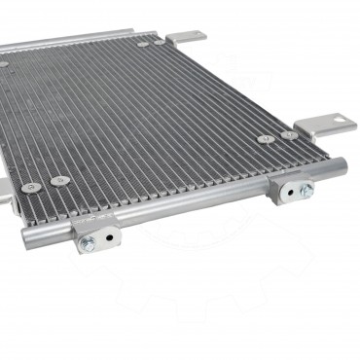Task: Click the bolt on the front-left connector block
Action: coord(88,242)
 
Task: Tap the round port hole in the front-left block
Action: coord(108,235)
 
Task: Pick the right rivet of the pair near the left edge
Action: coord(60,180)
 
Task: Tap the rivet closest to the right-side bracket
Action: coord(289,134)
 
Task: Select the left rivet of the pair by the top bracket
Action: coord(143,43)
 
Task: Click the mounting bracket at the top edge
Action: coord(185,38)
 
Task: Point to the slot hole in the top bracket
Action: coord(191,37)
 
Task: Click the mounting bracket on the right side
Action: coord(322,126)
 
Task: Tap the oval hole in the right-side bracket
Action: coord(330,123)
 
